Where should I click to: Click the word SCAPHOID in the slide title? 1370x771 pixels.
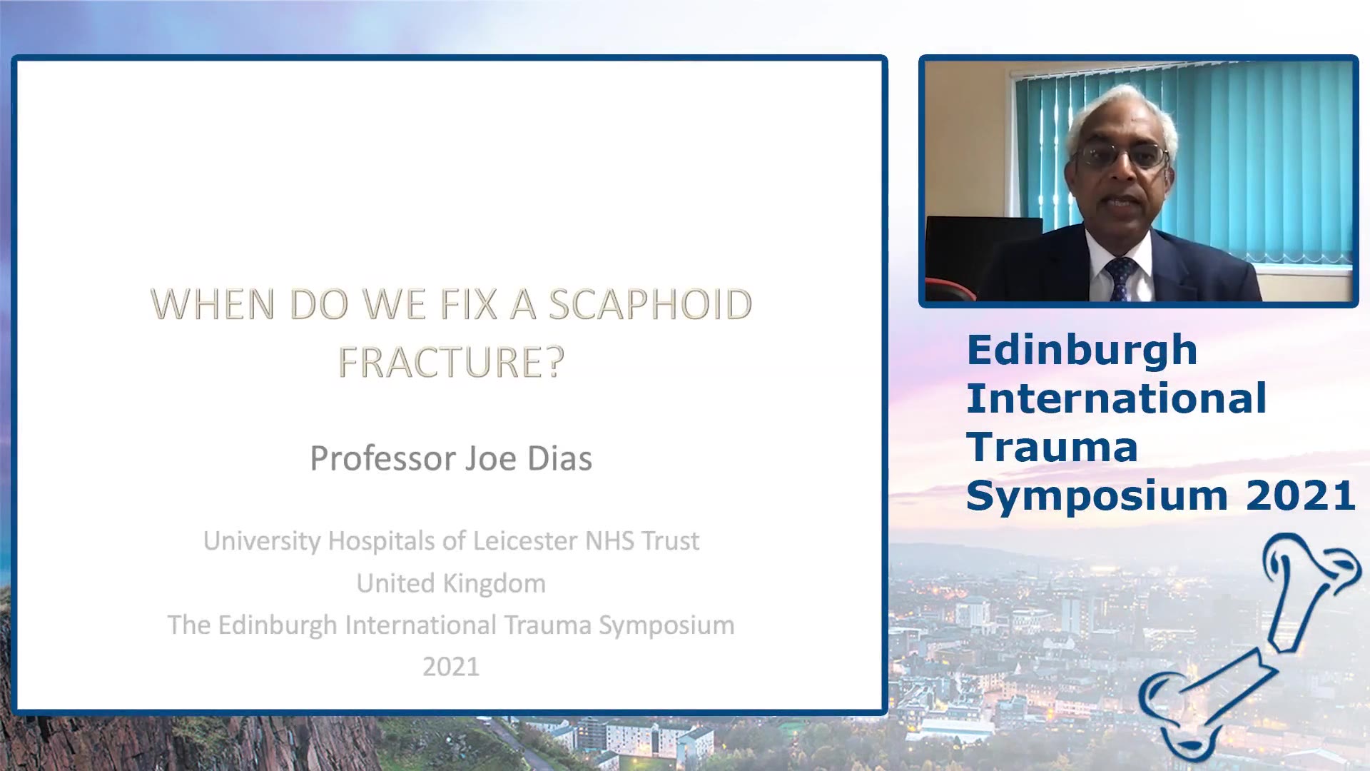pyautogui.click(x=650, y=305)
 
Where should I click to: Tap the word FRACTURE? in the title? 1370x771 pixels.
pyautogui.click(x=451, y=362)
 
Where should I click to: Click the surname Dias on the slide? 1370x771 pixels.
pyautogui.click(x=559, y=458)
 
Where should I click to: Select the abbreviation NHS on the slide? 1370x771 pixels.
pyautogui.click(x=610, y=540)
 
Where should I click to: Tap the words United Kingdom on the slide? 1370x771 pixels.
pyautogui.click(x=451, y=583)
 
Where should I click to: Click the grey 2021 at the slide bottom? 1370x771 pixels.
pyautogui.click(x=451, y=667)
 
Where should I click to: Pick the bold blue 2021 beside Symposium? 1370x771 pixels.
pyautogui.click(x=1300, y=495)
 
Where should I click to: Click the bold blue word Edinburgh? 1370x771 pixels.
pyautogui.click(x=1082, y=351)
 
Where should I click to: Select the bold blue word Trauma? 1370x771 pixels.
pyautogui.click(x=1052, y=448)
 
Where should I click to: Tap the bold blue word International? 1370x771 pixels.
pyautogui.click(x=1117, y=398)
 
